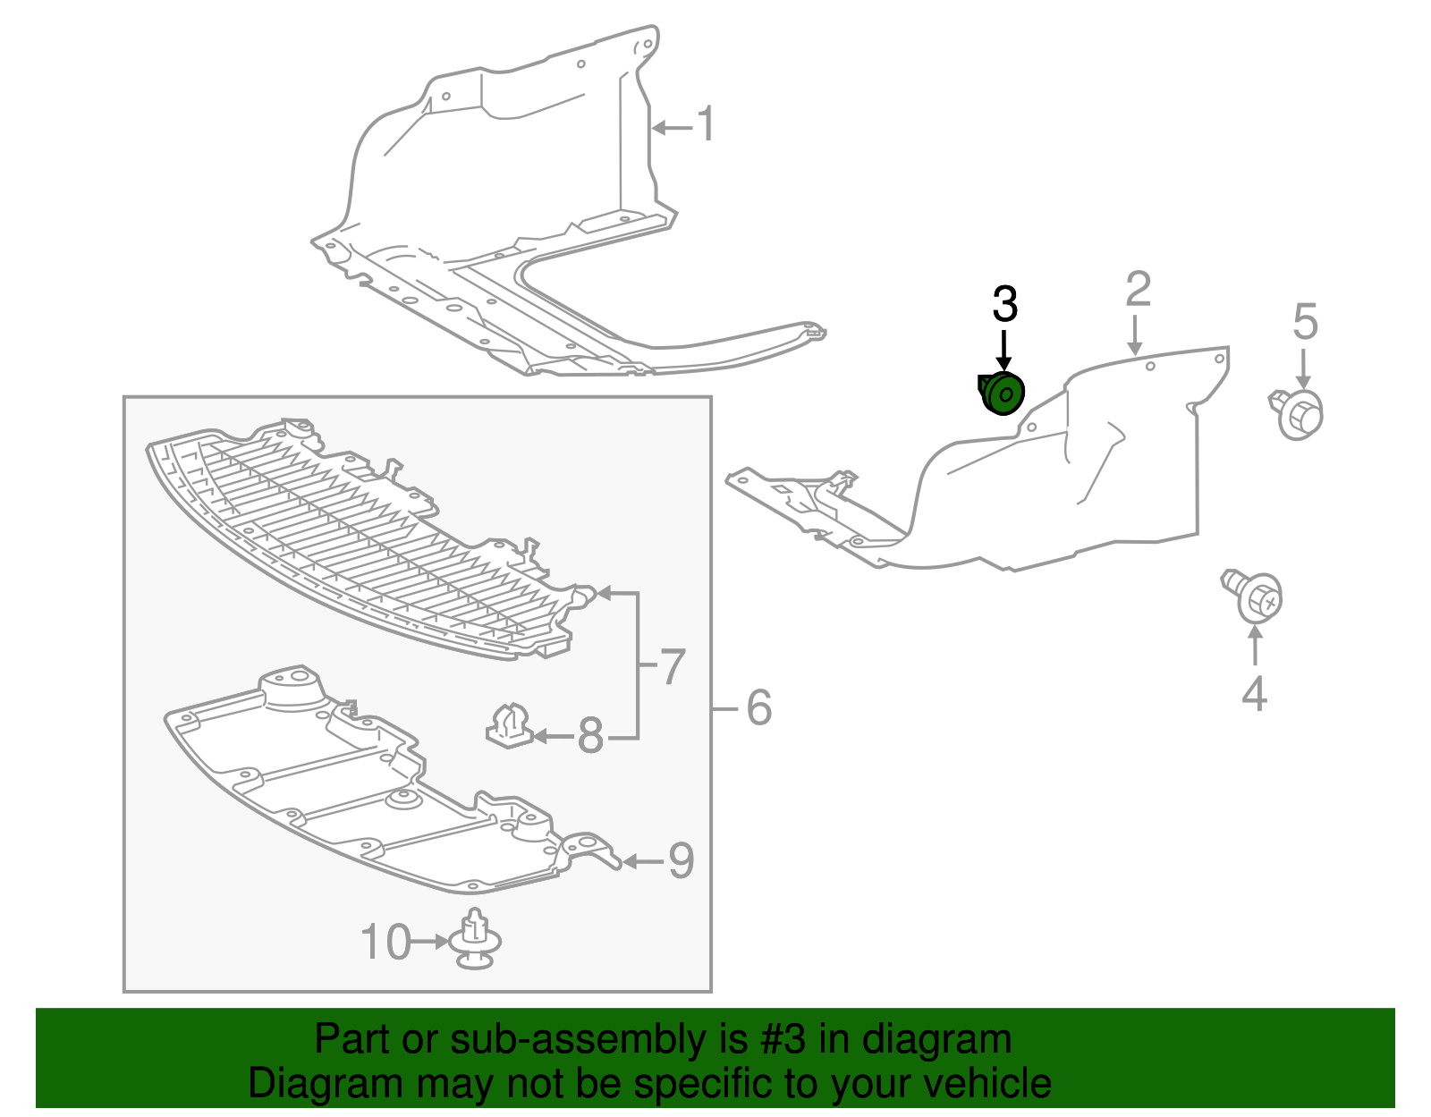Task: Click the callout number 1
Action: pyautogui.click(x=706, y=123)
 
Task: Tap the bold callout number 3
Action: pyautogui.click(x=1005, y=303)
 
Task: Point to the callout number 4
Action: pyautogui.click(x=1254, y=694)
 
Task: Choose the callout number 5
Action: pyautogui.click(x=1305, y=321)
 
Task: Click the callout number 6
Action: pyautogui.click(x=759, y=708)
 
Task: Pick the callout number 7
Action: pyautogui.click(x=673, y=666)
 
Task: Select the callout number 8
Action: pyautogui.click(x=590, y=735)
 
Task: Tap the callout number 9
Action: pyautogui.click(x=682, y=860)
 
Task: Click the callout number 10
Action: pyautogui.click(x=385, y=942)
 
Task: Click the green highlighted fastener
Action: pyautogui.click(x=1001, y=393)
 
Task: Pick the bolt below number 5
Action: pyautogui.click(x=1296, y=414)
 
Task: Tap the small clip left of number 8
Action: pyautogui.click(x=508, y=725)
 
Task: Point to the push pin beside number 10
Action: pyautogui.click(x=475, y=939)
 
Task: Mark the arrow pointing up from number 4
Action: pyautogui.click(x=1255, y=646)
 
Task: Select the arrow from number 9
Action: pyautogui.click(x=643, y=861)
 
